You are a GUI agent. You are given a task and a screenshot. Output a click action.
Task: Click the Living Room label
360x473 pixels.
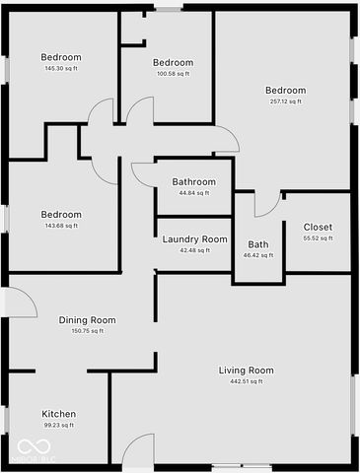click(246, 371)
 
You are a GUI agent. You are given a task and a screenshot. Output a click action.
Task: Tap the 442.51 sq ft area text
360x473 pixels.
click(246, 381)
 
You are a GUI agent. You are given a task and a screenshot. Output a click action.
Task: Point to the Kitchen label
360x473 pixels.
click(59, 414)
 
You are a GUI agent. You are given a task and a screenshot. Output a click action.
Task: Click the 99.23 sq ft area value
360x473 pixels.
click(59, 425)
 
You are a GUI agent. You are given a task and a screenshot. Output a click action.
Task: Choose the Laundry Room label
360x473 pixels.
click(194, 239)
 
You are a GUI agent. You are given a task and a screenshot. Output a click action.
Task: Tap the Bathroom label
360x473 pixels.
click(193, 182)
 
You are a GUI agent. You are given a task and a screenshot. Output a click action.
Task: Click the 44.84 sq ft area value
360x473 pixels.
click(193, 193)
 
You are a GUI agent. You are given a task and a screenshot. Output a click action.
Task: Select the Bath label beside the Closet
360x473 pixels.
click(257, 244)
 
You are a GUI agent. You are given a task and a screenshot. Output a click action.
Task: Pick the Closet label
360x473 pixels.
click(318, 228)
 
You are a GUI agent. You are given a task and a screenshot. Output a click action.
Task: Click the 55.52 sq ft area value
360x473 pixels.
click(318, 238)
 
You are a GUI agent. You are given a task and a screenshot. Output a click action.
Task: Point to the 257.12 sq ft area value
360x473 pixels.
click(285, 101)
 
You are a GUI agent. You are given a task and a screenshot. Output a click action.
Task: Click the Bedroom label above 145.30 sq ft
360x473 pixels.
click(61, 57)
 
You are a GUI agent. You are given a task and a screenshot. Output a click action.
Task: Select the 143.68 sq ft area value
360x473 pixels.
click(61, 226)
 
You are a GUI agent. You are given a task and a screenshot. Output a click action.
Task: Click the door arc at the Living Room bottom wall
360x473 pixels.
click(139, 448)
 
